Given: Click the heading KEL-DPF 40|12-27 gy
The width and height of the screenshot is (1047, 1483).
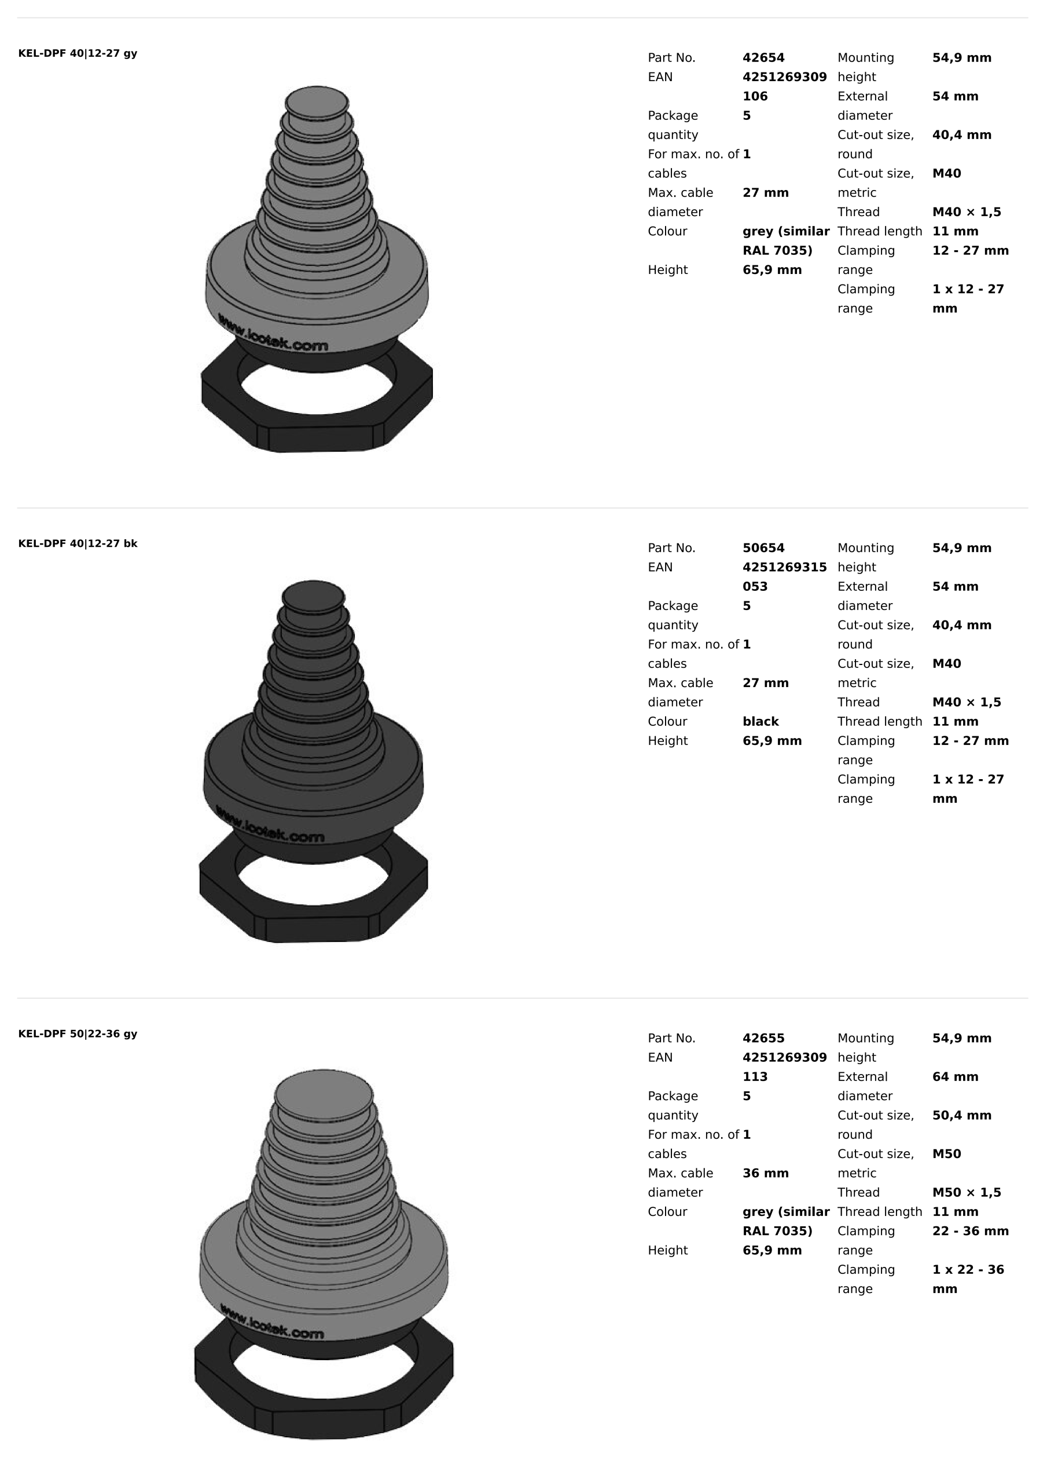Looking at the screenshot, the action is click(78, 54).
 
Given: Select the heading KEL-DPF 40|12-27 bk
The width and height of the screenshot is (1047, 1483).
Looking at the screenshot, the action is click(78, 544).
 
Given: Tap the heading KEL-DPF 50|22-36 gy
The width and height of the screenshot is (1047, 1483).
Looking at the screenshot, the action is click(78, 1034).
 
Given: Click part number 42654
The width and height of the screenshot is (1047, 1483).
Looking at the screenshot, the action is click(763, 58).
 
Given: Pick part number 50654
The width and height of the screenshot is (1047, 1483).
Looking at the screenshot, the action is click(763, 549).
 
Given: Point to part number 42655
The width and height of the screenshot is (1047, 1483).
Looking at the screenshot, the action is click(763, 1039).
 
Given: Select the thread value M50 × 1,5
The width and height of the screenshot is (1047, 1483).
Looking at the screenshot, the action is click(967, 1193).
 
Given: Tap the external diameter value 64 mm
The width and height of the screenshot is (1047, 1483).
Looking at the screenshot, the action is click(956, 1077).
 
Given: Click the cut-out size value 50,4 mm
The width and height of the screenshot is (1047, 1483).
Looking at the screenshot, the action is click(962, 1116).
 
